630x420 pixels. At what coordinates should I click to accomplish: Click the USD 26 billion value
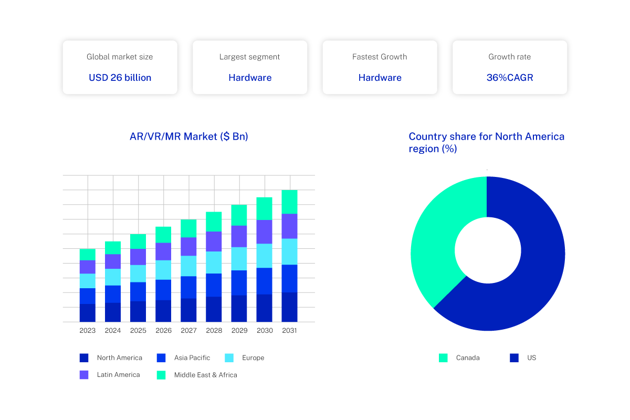(x=120, y=78)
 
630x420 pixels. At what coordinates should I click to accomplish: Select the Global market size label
(x=120, y=57)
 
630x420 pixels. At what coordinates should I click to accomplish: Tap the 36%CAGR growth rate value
(x=509, y=78)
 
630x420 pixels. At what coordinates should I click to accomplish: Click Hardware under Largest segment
(x=250, y=78)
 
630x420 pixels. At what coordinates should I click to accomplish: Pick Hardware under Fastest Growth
(x=380, y=78)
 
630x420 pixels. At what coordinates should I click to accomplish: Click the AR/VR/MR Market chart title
(x=188, y=136)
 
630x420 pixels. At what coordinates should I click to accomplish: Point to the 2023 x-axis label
(x=88, y=331)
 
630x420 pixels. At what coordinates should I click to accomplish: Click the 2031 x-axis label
(x=289, y=331)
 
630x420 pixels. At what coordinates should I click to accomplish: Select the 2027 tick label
(x=188, y=331)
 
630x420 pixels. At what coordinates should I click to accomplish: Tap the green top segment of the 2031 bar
(x=289, y=202)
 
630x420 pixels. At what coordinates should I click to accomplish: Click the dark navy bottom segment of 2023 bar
(x=88, y=312)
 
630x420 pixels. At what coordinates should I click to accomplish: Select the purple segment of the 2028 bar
(x=214, y=241)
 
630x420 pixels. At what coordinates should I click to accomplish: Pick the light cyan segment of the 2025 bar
(x=138, y=274)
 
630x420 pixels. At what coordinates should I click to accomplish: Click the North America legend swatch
(x=84, y=358)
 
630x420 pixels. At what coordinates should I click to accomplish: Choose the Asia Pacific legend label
(x=192, y=358)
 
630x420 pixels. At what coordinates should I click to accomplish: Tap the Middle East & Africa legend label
(x=205, y=375)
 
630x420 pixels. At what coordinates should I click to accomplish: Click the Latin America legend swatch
(x=84, y=375)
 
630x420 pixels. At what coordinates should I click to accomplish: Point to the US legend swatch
(x=514, y=358)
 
